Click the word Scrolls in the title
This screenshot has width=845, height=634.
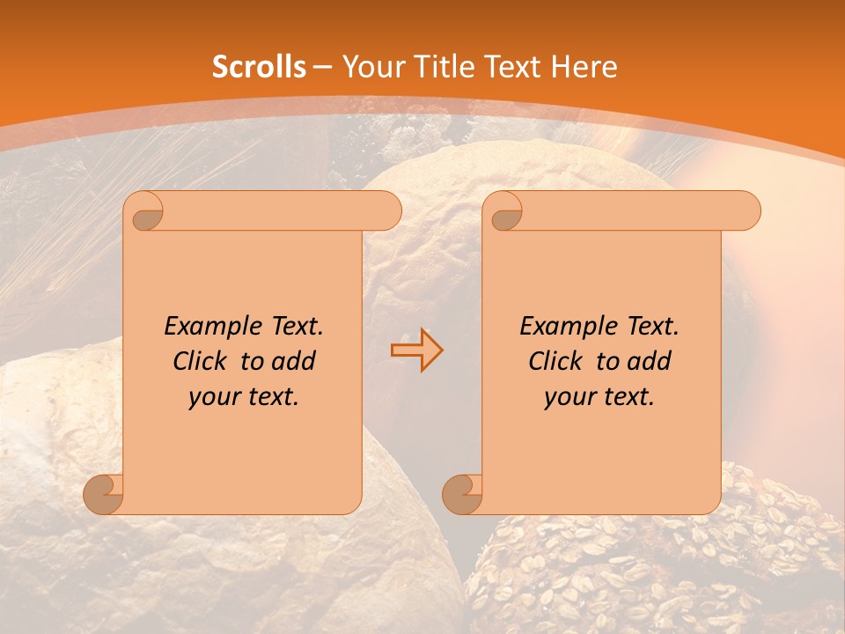(x=260, y=67)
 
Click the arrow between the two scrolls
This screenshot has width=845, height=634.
(x=416, y=350)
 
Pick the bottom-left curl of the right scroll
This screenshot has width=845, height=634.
(x=463, y=494)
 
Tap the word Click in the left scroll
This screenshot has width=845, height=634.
(x=192, y=362)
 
